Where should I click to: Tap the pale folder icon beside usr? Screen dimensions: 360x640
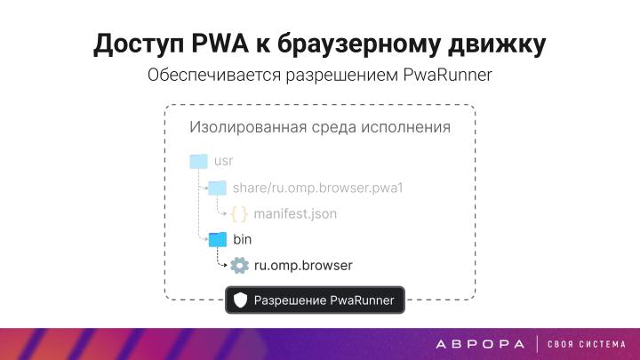point(199,161)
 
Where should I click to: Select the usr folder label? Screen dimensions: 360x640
point(223,161)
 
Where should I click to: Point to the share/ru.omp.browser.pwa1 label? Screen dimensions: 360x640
point(318,188)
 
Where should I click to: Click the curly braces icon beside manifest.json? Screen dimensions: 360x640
point(239,214)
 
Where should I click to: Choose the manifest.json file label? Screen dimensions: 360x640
point(295,214)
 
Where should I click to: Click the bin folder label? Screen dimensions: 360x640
point(243,240)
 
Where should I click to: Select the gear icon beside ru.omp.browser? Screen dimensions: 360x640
point(239,266)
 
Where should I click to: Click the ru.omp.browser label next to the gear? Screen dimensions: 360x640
point(303,266)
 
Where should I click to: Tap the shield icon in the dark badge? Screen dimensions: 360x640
point(240,300)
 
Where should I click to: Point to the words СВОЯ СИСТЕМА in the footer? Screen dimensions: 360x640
point(587,344)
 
